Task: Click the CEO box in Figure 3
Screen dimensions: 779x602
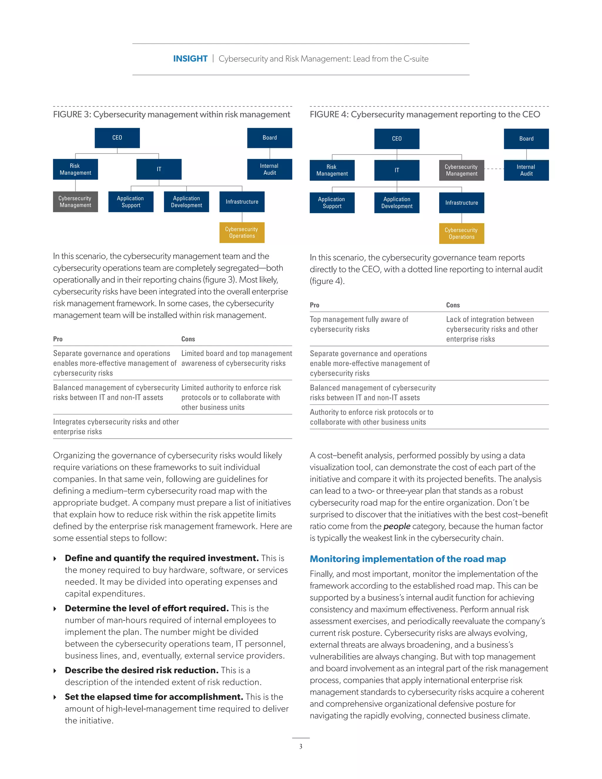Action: pyautogui.click(x=117, y=138)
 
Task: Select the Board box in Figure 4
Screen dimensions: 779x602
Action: pyautogui.click(x=526, y=139)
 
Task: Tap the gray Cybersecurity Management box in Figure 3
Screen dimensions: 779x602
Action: pyautogui.click(x=75, y=202)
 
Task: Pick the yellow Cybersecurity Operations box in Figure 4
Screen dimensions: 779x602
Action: pyautogui.click(x=461, y=234)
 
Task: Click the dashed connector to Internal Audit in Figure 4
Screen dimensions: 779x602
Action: pyautogui.click(x=494, y=169)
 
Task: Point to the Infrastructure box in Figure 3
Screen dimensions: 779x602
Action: pyautogui.click(x=242, y=202)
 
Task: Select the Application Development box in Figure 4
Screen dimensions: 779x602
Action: pyautogui.click(x=397, y=203)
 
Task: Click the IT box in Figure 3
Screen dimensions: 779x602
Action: pyautogui.click(x=159, y=169)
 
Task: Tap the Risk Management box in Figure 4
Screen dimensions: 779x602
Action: pyautogui.click(x=332, y=170)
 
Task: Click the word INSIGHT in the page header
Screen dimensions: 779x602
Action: pyautogui.click(x=190, y=59)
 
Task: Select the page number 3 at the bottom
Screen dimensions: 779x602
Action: pyautogui.click(x=301, y=747)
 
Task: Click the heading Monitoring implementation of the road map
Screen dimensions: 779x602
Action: pyautogui.click(x=408, y=559)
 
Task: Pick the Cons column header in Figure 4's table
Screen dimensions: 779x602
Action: pyautogui.click(x=453, y=305)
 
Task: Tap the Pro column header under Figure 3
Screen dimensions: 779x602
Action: pyautogui.click(x=58, y=339)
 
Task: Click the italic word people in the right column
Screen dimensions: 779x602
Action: pyautogui.click(x=397, y=526)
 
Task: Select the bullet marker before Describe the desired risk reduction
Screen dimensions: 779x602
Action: pyautogui.click(x=55, y=671)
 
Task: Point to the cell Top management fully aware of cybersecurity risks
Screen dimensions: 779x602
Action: pyautogui.click(x=359, y=324)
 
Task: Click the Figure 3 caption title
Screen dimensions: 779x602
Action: pyautogui.click(x=172, y=114)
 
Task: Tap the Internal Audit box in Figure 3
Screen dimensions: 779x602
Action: pyautogui.click(x=270, y=169)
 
